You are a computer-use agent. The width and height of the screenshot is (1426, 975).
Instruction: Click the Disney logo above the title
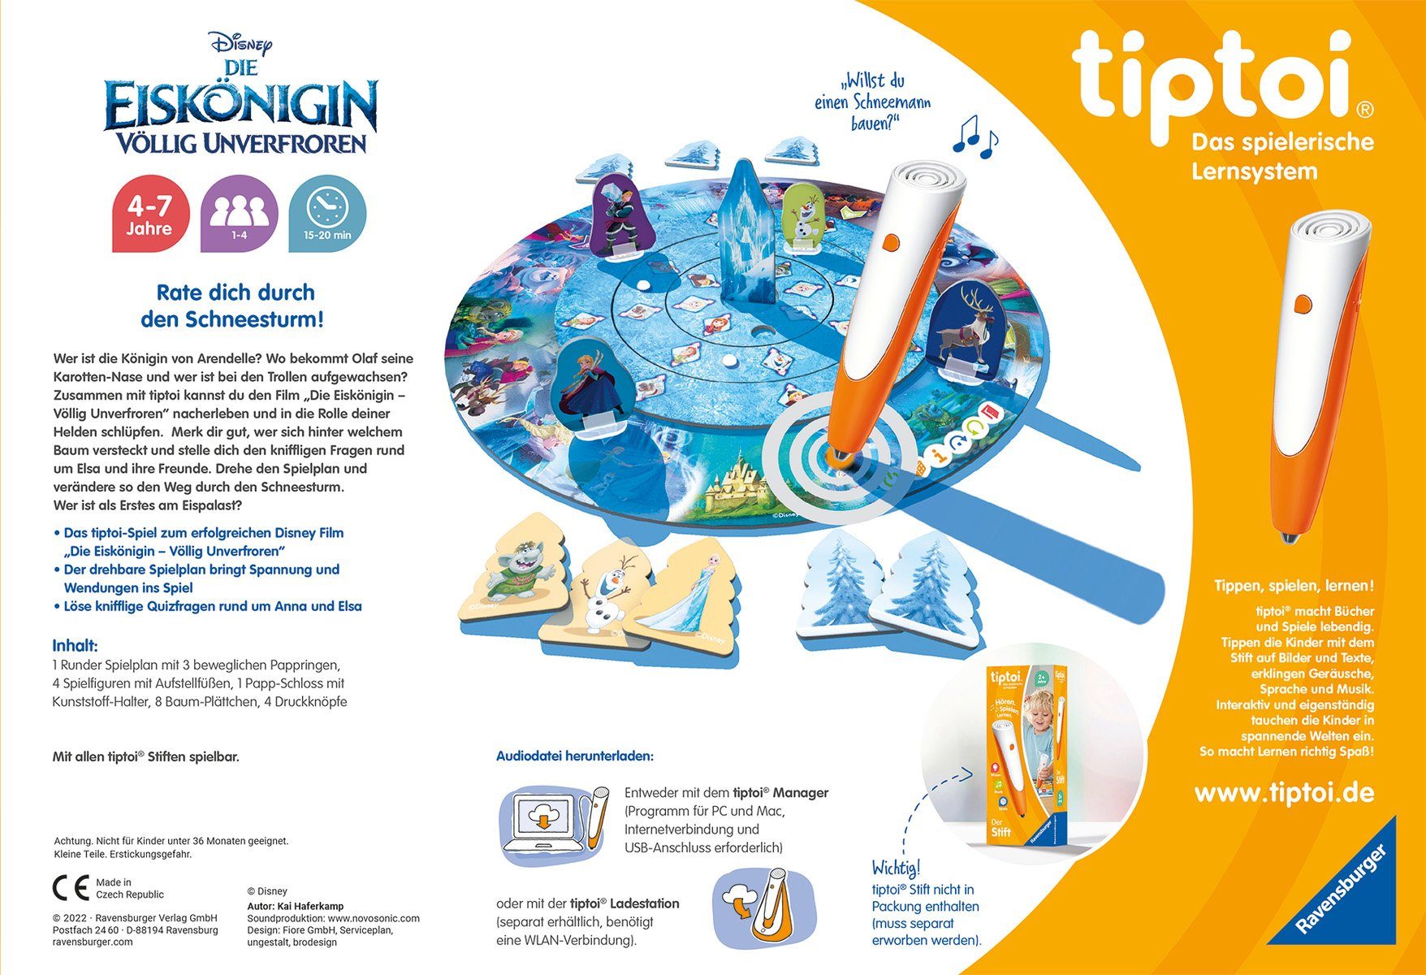coord(240,43)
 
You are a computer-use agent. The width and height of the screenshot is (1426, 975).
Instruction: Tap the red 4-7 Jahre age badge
coord(149,214)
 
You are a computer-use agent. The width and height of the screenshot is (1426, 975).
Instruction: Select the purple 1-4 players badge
coord(239,214)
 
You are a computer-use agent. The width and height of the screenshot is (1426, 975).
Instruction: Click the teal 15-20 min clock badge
coord(327,214)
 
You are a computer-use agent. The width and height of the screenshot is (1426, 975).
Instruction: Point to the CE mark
coord(71,888)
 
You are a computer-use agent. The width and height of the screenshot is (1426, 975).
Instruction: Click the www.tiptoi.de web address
coord(1284,792)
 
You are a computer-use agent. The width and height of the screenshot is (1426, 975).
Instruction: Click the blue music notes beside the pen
coord(974,136)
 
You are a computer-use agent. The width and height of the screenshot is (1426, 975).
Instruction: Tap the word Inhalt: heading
coord(76,646)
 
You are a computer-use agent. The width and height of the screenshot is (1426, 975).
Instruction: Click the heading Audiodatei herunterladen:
coord(574,756)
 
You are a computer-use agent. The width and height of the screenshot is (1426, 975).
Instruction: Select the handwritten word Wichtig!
coord(896,867)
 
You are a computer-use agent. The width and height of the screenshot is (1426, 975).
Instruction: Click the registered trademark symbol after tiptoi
coord(1366,108)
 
